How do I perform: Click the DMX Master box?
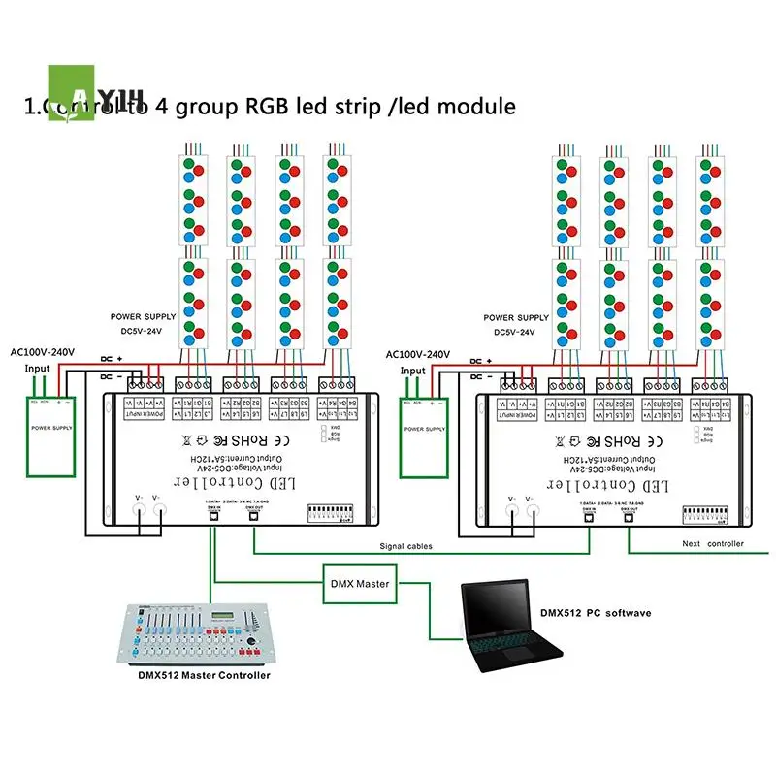359,584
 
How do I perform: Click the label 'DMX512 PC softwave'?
596,613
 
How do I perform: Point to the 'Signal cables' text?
406,546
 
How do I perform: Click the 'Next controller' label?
713,544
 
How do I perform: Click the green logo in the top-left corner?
73,92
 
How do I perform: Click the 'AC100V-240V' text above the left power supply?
42,353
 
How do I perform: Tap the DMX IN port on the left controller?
212,515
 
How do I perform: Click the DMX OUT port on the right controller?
628,515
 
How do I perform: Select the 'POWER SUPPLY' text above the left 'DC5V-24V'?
144,317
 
